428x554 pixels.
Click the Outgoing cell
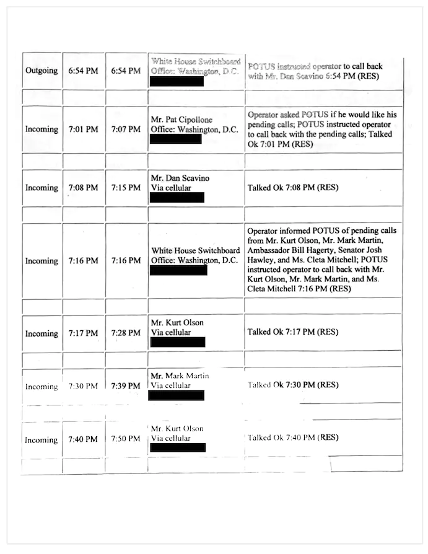tap(41, 71)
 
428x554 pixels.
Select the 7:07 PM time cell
tap(126, 130)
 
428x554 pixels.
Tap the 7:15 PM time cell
tap(126, 188)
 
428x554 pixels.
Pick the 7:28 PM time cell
tap(126, 333)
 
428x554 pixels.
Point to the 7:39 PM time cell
tap(126, 386)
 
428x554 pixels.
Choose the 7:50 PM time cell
tap(126, 439)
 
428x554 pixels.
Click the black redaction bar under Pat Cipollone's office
tap(177, 139)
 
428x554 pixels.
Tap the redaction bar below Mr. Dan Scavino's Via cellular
tap(177, 198)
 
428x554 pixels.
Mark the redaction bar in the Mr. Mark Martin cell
tap(177, 395)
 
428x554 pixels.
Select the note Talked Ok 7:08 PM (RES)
tap(293, 187)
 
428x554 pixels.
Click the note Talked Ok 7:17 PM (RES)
tap(293, 332)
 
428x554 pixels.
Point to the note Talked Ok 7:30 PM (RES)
tap(293, 385)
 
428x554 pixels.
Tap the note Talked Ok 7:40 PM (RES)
tap(293, 437)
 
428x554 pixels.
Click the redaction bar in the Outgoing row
tap(178, 81)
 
